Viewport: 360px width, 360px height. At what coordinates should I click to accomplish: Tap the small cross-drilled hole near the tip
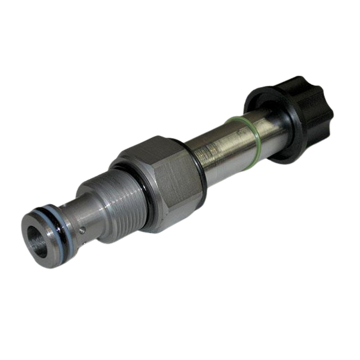83,229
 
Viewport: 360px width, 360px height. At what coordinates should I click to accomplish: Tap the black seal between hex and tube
198,169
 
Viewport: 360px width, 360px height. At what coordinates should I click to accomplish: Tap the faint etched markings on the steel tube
217,149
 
